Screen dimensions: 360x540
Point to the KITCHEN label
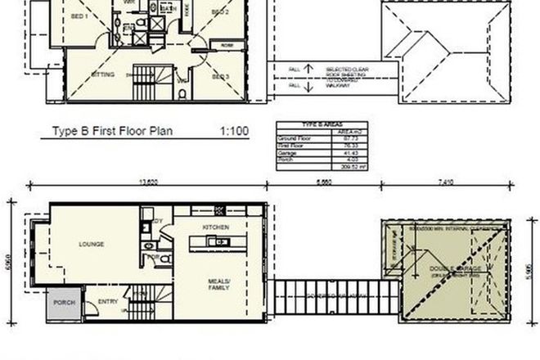[x=215, y=226]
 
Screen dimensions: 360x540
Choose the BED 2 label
[x=219, y=12]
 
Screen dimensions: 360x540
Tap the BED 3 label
[x=219, y=76]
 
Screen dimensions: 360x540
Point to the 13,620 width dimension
[x=147, y=182]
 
